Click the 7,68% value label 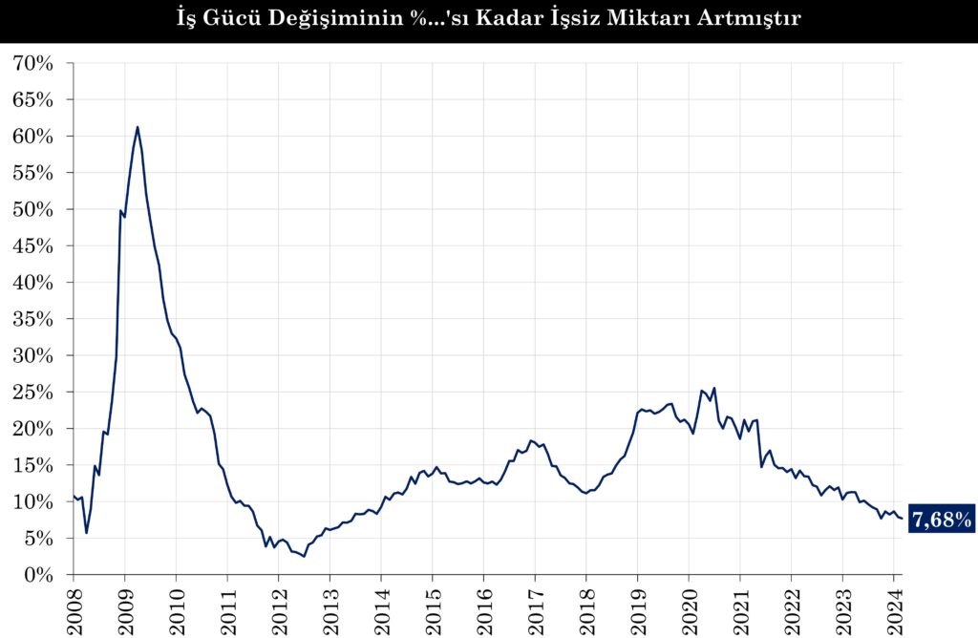pos(941,520)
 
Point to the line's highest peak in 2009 pos(138,127)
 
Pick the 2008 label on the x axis pos(73,606)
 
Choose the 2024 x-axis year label pos(893,606)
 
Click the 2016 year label pos(483,606)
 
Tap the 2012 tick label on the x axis pos(278,606)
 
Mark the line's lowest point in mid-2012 pos(304,556)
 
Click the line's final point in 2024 pos(902,519)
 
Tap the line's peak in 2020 pos(713,388)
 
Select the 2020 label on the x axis pos(689,606)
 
